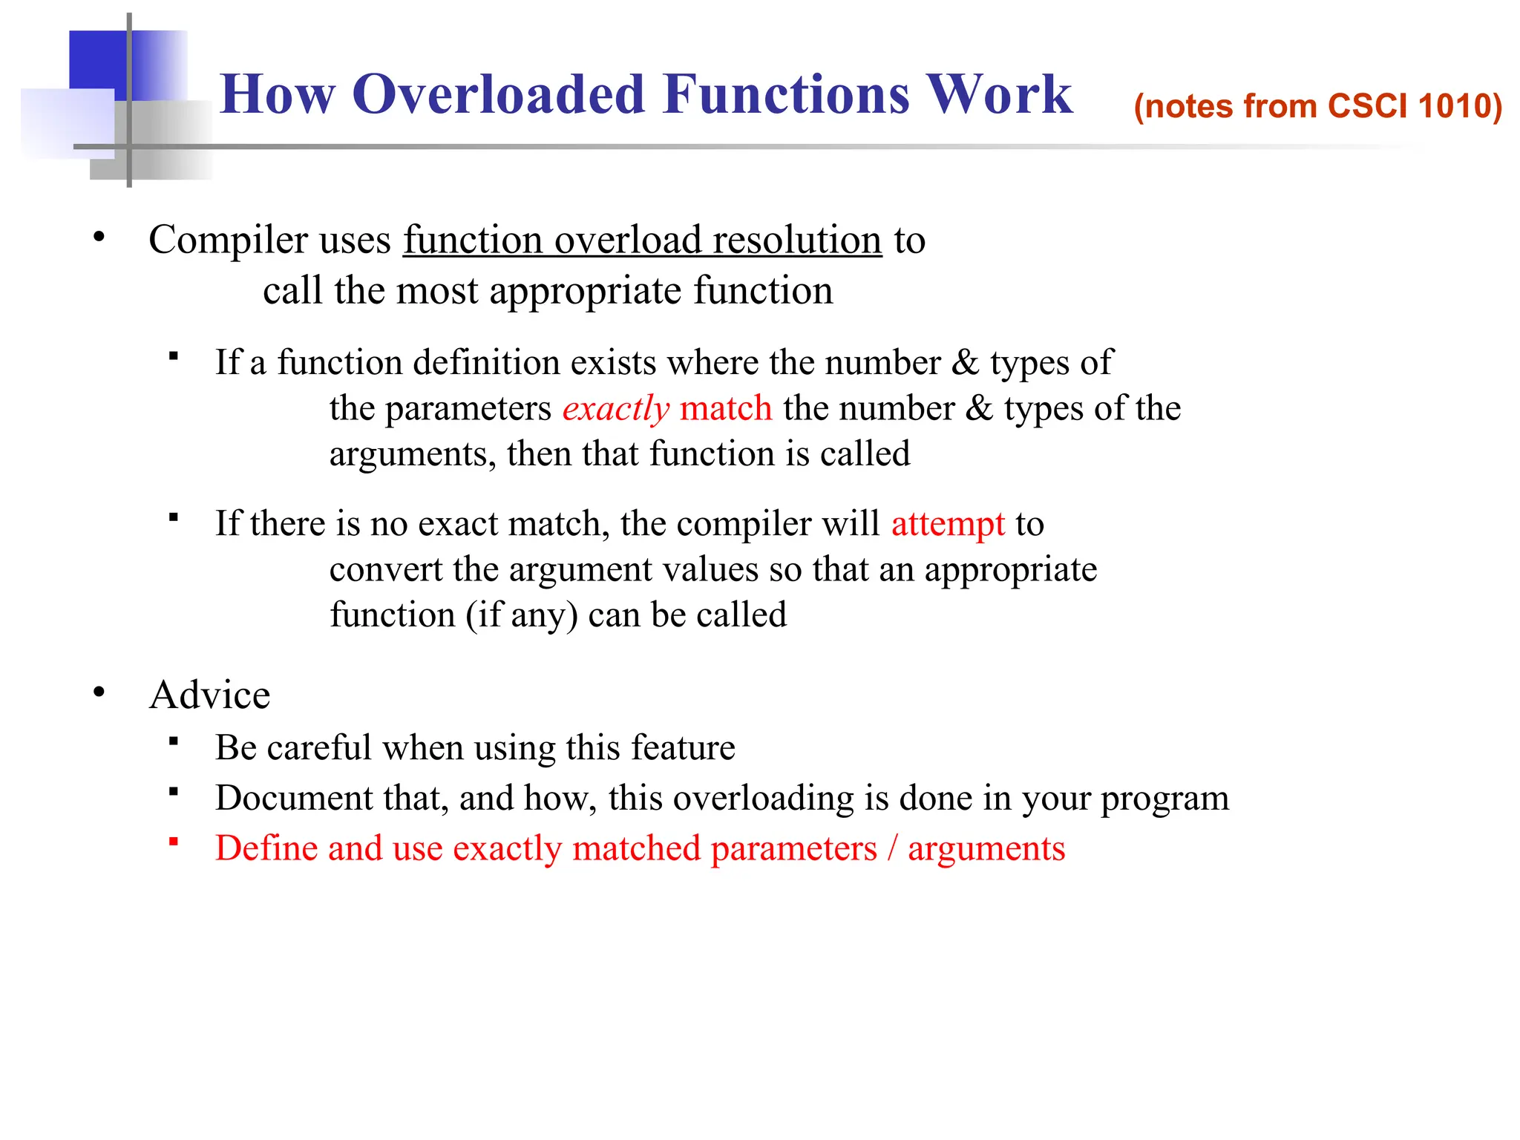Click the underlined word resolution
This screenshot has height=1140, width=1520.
tap(796, 240)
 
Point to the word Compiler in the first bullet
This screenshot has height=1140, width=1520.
tap(228, 240)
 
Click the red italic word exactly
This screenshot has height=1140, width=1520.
tap(615, 409)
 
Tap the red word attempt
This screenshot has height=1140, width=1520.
tap(948, 524)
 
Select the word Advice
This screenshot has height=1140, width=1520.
tap(209, 695)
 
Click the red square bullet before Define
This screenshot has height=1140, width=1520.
tap(174, 842)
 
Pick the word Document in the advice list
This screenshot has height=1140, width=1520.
tap(294, 799)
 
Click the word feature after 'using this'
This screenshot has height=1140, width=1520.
tap(683, 747)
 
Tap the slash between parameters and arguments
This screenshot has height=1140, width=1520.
tap(892, 848)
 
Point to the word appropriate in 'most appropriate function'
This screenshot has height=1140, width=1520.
tap(585, 291)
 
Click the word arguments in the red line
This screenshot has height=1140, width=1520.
tap(986, 849)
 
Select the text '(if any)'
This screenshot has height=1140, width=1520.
tap(521, 615)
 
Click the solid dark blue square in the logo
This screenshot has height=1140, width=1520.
tap(96, 58)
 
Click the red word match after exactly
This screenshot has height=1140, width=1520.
tap(725, 409)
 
